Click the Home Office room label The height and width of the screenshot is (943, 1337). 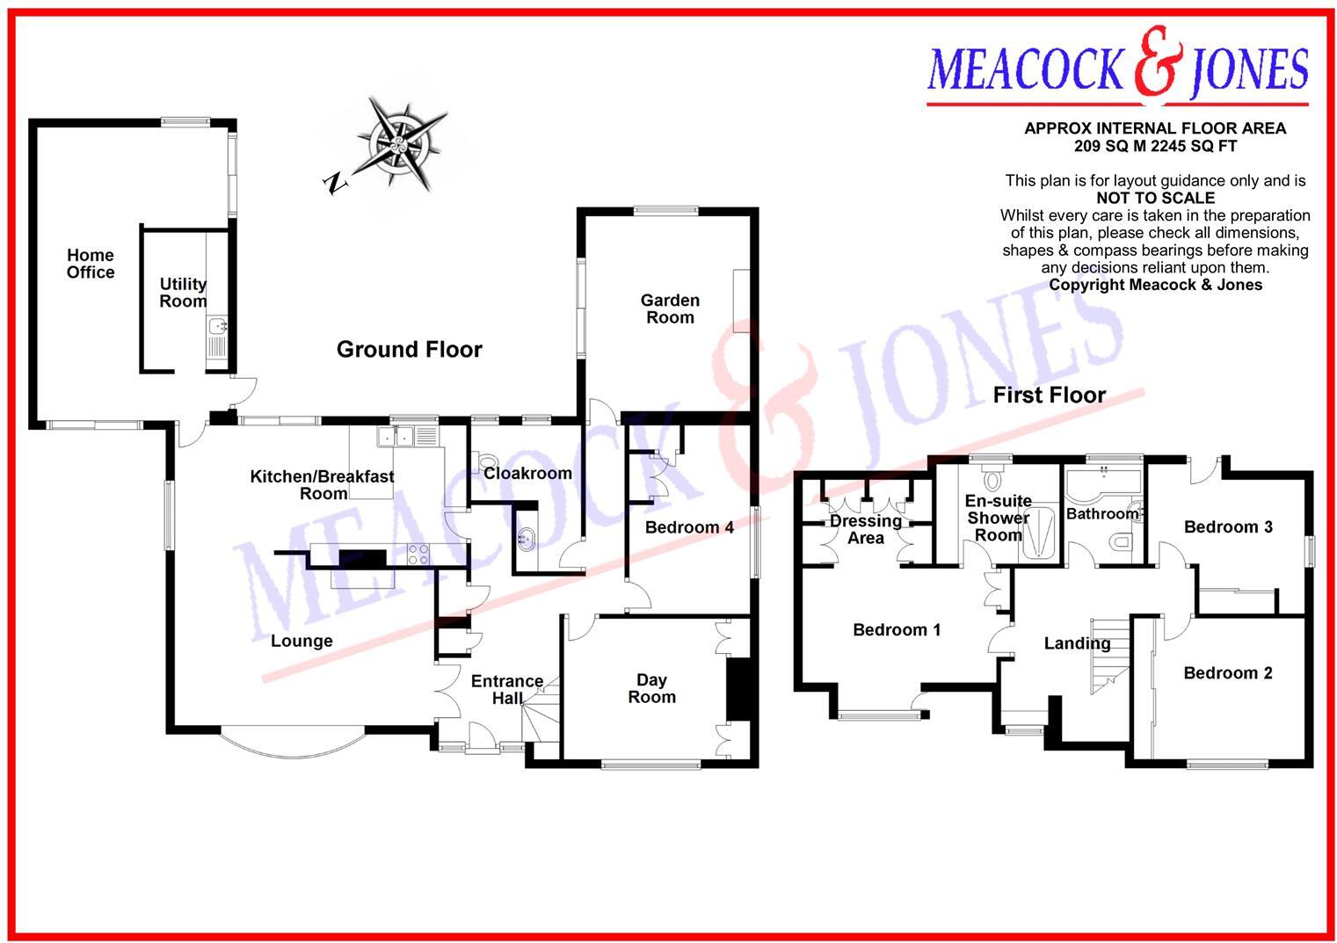tap(91, 264)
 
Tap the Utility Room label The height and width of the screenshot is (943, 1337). tap(183, 292)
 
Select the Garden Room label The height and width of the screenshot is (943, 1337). tap(670, 309)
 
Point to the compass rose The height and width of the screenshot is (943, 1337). tap(400, 144)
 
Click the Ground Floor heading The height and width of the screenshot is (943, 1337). tap(410, 350)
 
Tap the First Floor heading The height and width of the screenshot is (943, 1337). tap(1049, 395)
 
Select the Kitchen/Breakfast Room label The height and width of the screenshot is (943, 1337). tap(323, 485)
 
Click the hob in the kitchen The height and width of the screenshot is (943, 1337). tap(418, 555)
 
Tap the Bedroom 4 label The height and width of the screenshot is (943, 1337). tap(689, 527)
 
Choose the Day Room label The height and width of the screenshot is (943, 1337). tap(651, 688)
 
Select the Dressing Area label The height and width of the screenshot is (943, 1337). tap(866, 529)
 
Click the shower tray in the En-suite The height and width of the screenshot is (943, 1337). tap(1041, 533)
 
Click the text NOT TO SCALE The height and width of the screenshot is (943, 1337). tap(1155, 199)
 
